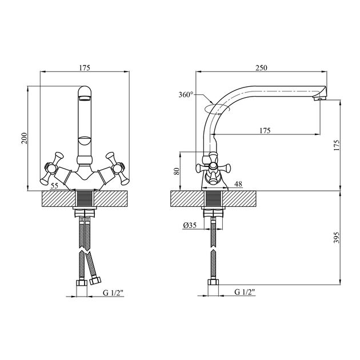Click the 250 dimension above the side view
pyautogui.click(x=261, y=68)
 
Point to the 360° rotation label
pyautogui.click(x=186, y=94)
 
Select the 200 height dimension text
pyautogui.click(x=25, y=138)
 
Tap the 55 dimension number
pyautogui.click(x=54, y=186)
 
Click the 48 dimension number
pyautogui.click(x=238, y=184)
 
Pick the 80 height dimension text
pyautogui.click(x=177, y=171)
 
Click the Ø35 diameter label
pyautogui.click(x=190, y=226)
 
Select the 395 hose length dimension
pyautogui.click(x=336, y=237)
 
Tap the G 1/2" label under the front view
pyautogui.click(x=113, y=293)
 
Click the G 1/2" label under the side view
pyautogui.click(x=245, y=292)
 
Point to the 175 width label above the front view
pyautogui.click(x=85, y=68)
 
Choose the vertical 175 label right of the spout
pyautogui.click(x=336, y=145)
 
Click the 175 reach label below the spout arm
pyautogui.click(x=265, y=131)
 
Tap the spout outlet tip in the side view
pyautogui.click(x=320, y=99)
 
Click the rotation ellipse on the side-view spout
pyautogui.click(x=217, y=109)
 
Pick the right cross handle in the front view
pyautogui.click(x=118, y=169)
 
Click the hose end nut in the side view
pyautogui.click(x=213, y=282)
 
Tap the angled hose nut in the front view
pyautogui.click(x=95, y=281)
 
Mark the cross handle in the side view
pyautogui.click(x=213, y=169)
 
